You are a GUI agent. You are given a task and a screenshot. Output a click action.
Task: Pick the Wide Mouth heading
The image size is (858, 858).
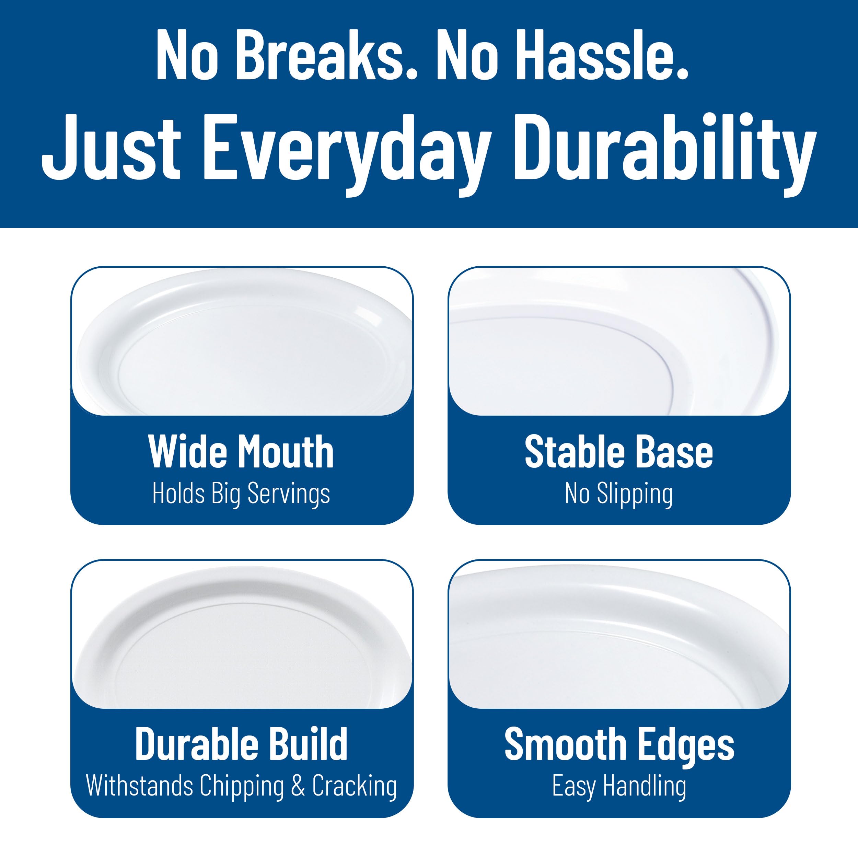(x=241, y=452)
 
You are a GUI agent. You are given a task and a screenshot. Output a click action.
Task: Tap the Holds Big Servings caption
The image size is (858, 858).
(x=241, y=494)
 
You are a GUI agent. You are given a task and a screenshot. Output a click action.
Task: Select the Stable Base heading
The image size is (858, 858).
(x=619, y=452)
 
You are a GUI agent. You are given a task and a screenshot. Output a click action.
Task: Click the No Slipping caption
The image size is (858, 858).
(x=619, y=494)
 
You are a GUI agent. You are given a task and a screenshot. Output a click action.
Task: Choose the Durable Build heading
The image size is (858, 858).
(x=241, y=744)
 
